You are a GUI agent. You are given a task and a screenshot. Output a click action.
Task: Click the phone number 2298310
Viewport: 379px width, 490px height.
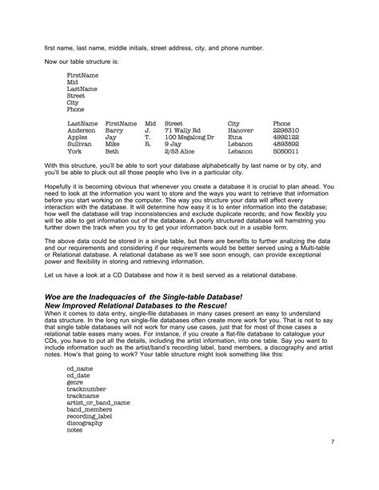[x=286, y=130]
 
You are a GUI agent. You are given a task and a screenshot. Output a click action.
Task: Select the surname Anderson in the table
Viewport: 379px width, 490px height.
[x=83, y=130]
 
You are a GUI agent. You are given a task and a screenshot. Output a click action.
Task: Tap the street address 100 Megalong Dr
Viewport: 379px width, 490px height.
[x=189, y=137]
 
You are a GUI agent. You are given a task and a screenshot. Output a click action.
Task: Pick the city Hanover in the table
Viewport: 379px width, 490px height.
[x=241, y=130]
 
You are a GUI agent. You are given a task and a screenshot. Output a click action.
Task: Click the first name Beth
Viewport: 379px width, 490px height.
[x=112, y=150]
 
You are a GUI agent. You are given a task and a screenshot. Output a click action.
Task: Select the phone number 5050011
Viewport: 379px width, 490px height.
[x=286, y=150]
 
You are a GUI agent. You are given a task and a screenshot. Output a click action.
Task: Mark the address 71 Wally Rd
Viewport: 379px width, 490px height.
[x=182, y=130]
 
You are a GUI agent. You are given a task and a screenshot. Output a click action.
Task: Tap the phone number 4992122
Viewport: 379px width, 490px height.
[x=286, y=137]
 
